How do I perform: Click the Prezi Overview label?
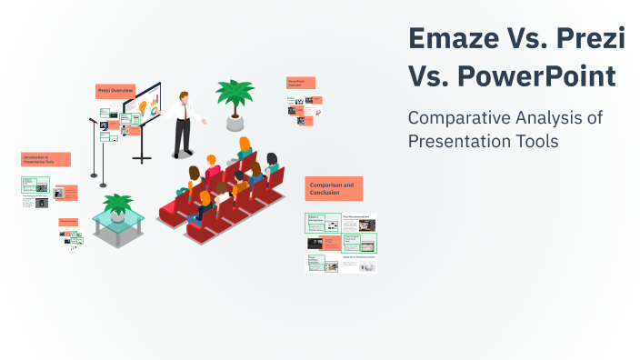pyautogui.click(x=115, y=91)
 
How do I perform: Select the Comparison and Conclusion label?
pyautogui.click(x=334, y=188)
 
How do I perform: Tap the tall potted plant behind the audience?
pyautogui.click(x=235, y=95)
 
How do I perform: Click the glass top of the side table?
pyautogui.click(x=118, y=220)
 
